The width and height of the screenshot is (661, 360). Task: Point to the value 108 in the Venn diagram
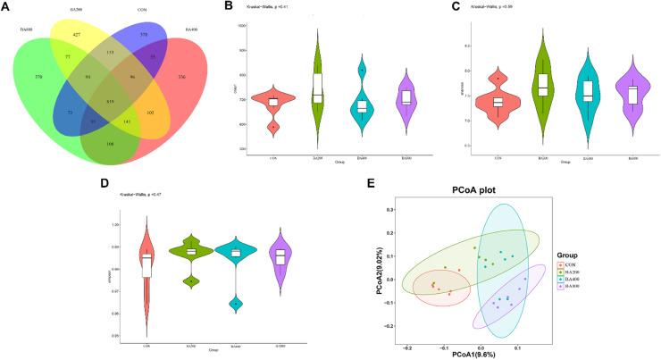pos(109,142)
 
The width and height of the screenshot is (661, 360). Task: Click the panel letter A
pos(4,6)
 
